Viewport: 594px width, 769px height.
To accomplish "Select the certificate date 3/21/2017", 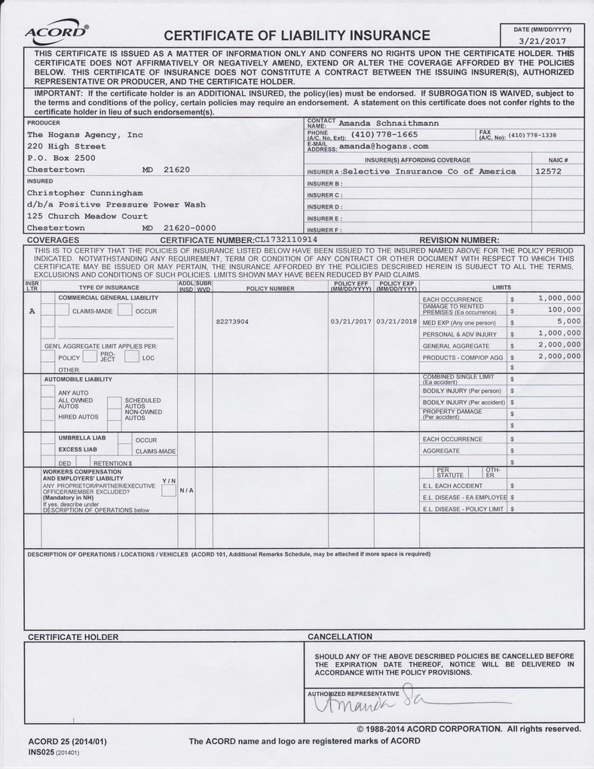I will pos(542,41).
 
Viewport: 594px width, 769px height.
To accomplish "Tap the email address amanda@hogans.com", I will pos(384,146).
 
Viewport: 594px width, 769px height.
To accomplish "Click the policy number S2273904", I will pos(232,321).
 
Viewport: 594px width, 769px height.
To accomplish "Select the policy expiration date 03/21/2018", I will pos(396,321).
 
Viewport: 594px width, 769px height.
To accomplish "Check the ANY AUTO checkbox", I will pos(47,392).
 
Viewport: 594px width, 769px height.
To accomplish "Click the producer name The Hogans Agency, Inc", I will pos(84,135).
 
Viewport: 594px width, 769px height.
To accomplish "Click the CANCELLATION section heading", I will pos(340,636).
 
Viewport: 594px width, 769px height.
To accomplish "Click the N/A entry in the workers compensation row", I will pos(186,490).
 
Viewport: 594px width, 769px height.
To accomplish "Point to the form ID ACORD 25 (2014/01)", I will pos(67,741).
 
